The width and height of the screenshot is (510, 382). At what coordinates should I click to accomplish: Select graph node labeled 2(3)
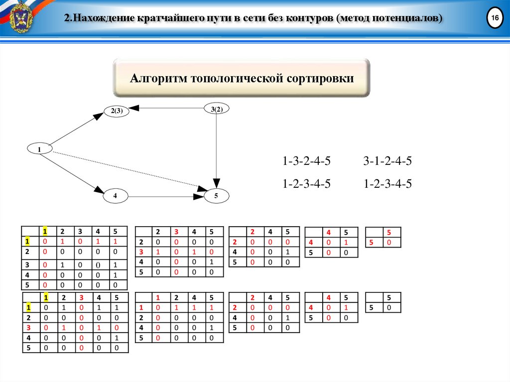click(117, 112)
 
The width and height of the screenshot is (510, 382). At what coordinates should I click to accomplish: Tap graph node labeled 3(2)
click(217, 109)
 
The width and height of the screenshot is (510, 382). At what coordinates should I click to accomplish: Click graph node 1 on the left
click(39, 148)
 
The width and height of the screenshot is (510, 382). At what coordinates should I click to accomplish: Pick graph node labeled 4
click(115, 196)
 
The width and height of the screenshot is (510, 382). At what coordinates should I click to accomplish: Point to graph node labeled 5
click(217, 196)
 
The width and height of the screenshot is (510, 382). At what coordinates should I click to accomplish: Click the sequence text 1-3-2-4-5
click(306, 161)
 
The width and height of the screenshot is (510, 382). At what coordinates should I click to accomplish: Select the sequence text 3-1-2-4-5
click(387, 161)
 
